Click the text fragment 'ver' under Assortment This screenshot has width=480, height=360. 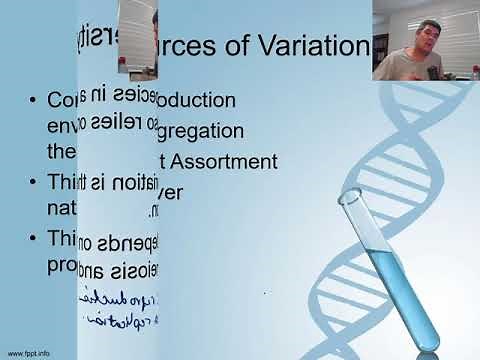click(171, 191)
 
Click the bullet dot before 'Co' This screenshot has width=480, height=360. click(34, 101)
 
